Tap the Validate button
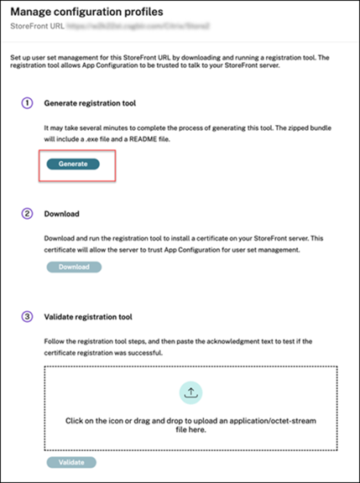(70, 462)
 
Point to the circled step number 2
(27, 214)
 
